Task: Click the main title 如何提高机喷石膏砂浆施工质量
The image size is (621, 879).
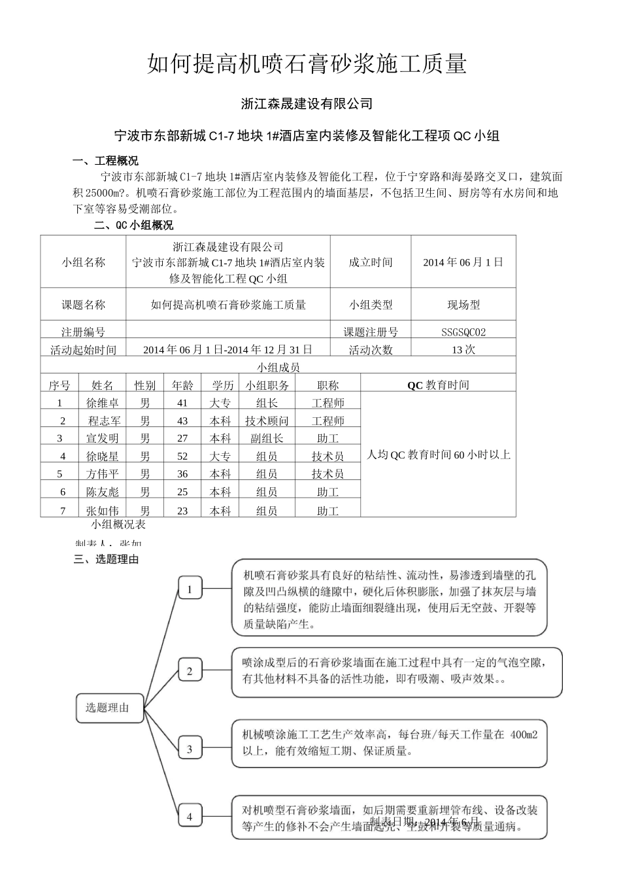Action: click(307, 64)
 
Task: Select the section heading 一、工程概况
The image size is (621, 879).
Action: click(105, 161)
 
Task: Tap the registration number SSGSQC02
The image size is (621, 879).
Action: click(463, 332)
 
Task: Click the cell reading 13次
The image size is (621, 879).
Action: click(463, 349)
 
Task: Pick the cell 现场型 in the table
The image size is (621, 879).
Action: click(463, 304)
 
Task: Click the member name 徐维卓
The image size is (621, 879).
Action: click(103, 403)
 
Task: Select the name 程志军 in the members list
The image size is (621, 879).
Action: click(104, 421)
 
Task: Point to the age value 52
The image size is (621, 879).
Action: click(182, 456)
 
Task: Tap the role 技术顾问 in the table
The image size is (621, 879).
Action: click(267, 421)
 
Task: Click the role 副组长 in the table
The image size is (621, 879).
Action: click(267, 438)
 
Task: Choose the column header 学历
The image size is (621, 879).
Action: click(220, 385)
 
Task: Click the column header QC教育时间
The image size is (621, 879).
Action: click(438, 385)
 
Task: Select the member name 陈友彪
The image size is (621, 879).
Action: click(103, 491)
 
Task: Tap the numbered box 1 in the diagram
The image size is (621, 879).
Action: click(190, 589)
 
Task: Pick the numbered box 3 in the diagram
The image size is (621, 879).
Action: click(190, 749)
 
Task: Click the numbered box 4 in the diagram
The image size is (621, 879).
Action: click(190, 816)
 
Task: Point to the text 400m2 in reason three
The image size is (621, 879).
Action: click(523, 734)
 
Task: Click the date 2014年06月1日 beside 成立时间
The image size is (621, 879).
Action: click(463, 262)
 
